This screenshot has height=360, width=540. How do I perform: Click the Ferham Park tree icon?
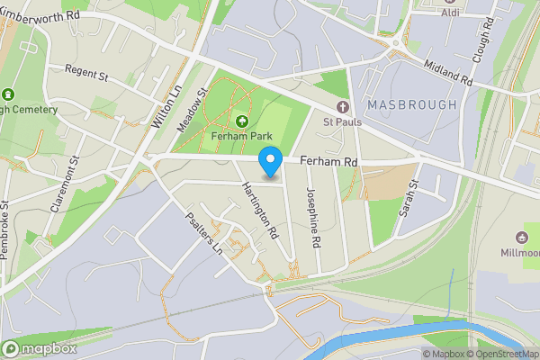tap(241, 121)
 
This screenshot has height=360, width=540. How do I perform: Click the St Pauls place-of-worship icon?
tap(341, 107)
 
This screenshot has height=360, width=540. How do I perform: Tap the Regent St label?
tap(85, 73)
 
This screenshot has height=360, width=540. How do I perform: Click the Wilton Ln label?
tap(167, 105)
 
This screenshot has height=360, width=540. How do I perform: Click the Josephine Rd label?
tap(312, 218)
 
